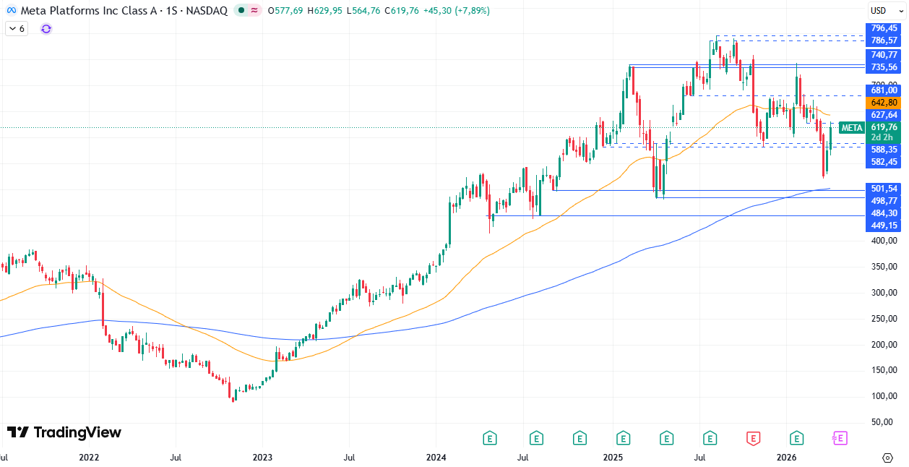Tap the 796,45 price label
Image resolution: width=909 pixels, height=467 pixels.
tap(884, 28)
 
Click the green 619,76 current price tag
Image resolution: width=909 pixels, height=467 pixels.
tap(884, 127)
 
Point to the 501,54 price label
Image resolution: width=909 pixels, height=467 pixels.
tap(884, 189)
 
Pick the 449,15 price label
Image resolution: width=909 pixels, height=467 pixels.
tap(884, 226)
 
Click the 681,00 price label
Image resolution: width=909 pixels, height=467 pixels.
tap(884, 90)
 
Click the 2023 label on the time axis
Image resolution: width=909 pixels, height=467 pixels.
tap(262, 458)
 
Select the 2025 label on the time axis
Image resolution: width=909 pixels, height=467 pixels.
tap(613, 458)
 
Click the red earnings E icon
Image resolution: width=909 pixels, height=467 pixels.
tap(754, 438)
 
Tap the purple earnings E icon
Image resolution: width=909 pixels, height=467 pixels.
tap(840, 438)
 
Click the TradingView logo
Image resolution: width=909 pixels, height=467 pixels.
tap(64, 432)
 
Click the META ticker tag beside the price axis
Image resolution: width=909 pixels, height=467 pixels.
tap(852, 128)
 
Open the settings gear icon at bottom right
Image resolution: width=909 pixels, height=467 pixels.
tap(887, 458)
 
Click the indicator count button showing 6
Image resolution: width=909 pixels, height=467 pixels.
tap(16, 29)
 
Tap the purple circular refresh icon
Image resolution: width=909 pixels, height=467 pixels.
tap(46, 29)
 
